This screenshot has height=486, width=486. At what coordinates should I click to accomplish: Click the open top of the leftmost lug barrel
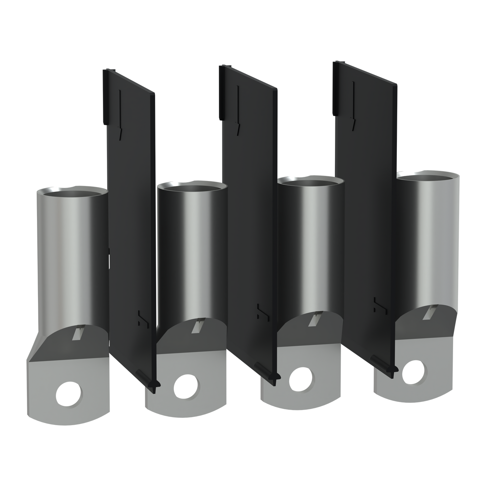click(72, 191)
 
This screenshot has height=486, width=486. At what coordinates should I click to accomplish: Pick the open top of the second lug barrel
click(191, 186)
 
